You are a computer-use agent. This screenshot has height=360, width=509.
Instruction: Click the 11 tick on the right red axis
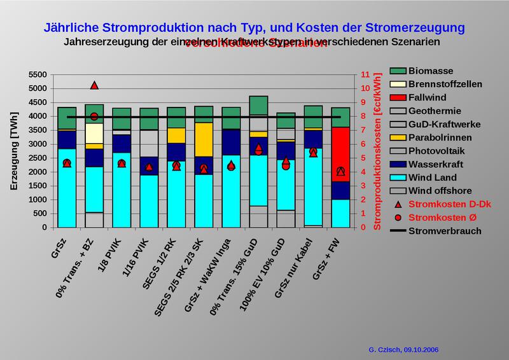(366, 74)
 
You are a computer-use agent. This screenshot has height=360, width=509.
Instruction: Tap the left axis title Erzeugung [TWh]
(13, 151)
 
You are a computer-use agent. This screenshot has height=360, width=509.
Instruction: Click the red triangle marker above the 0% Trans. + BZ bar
(94, 85)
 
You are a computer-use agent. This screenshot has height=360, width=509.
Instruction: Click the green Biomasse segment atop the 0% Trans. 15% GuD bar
(258, 105)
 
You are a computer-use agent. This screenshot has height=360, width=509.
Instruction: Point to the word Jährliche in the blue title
(71, 28)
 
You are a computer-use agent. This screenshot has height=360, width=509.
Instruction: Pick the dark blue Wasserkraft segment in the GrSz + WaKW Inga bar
(231, 142)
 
